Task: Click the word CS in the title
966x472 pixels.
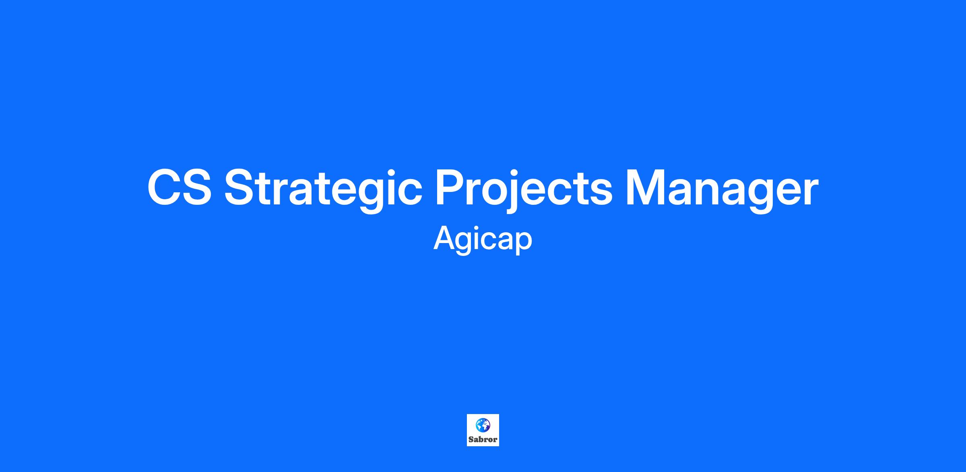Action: pos(180,188)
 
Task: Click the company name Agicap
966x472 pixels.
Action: pos(483,240)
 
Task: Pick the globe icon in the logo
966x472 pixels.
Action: pos(483,425)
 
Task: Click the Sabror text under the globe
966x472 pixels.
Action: pos(483,439)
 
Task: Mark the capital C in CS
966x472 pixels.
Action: pos(164,188)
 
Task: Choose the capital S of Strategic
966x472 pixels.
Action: pos(240,188)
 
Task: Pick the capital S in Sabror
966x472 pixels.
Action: pos(471,439)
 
